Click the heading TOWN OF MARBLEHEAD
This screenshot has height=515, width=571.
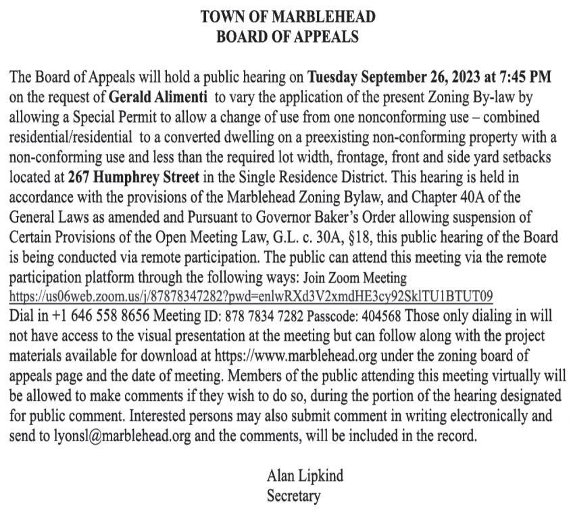tap(287, 16)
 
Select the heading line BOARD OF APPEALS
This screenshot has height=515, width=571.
tap(287, 36)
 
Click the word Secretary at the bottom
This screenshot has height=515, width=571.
tap(293, 495)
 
